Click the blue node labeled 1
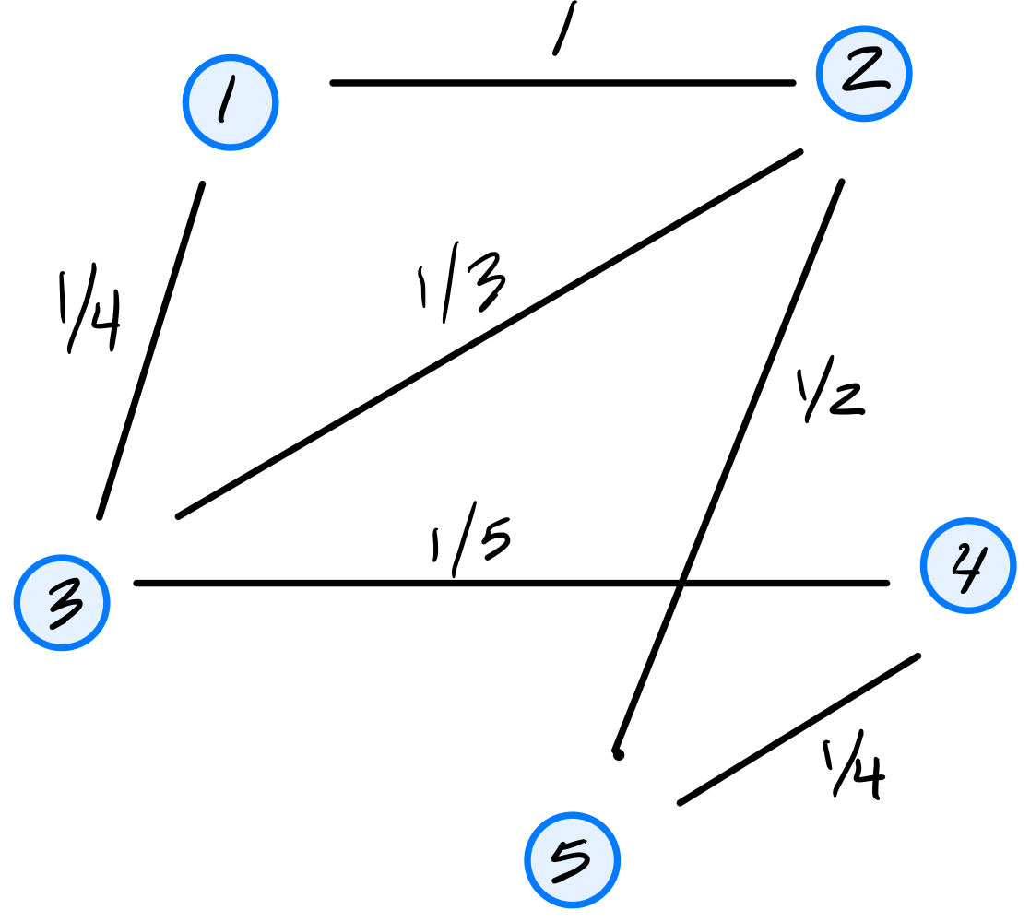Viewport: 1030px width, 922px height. (x=231, y=102)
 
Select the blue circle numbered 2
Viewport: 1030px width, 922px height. (x=864, y=74)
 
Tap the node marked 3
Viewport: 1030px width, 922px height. (x=62, y=603)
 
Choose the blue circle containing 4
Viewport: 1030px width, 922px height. (x=968, y=565)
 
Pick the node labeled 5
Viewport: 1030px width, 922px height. (x=573, y=860)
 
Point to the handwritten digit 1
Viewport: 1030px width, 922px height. (x=226, y=100)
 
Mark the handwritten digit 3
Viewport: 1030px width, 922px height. (x=65, y=604)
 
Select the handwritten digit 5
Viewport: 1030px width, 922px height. (x=571, y=861)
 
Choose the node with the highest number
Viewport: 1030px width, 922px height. (x=573, y=860)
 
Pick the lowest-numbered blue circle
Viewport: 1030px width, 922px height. (x=231, y=102)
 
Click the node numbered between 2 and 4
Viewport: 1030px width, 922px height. (x=62, y=603)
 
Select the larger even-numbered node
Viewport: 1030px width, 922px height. (x=968, y=565)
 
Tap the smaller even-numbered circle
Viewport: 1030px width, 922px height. (x=864, y=74)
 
